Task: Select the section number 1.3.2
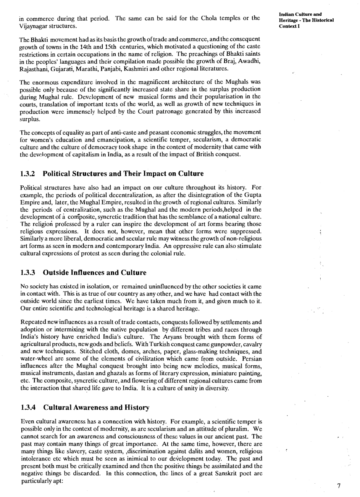(27, 174)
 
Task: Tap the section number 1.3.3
(27, 273)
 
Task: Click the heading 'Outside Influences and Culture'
(95, 273)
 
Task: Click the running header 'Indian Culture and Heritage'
(306, 17)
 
